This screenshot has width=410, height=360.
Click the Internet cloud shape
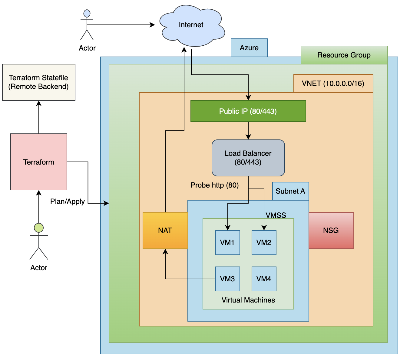191,25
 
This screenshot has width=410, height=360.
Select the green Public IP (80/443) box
248,111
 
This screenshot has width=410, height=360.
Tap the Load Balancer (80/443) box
248,158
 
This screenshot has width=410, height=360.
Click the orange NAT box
165,231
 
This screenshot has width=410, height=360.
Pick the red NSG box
331,231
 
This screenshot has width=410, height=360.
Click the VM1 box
227,243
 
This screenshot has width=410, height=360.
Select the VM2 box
264,243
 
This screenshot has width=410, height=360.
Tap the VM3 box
227,279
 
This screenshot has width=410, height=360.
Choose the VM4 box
264,279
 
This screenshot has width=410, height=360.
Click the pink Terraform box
39,162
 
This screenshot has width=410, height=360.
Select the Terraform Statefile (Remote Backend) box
39,82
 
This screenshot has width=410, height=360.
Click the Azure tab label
249,48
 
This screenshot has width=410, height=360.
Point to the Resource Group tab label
344,55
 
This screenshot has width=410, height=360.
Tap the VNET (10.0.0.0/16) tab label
333,83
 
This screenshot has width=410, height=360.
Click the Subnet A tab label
290,191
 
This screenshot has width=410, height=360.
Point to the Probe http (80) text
214,185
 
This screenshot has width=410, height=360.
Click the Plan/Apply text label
67,201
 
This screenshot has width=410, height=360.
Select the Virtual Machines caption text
248,300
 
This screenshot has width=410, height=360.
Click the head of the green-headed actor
39,228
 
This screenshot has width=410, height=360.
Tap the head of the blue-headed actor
87,14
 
